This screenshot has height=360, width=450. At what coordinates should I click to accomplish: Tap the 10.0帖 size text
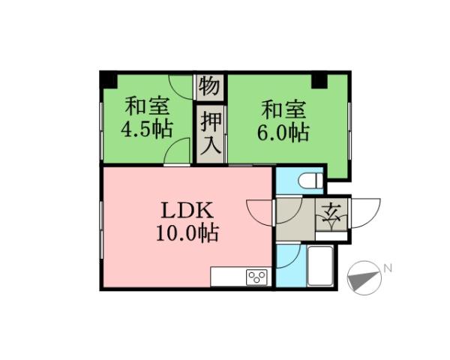click(187, 234)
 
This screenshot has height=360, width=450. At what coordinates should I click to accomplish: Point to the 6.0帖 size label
click(283, 133)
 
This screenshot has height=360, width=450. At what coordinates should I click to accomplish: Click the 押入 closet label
click(211, 133)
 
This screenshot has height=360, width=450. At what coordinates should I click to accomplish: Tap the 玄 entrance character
click(331, 217)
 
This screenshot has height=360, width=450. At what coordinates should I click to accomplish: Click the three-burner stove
click(257, 277)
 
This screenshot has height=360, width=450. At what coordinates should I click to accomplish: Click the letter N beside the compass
click(388, 268)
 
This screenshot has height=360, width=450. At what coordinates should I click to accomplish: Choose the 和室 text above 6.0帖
click(283, 108)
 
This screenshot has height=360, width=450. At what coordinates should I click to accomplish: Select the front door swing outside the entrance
click(366, 213)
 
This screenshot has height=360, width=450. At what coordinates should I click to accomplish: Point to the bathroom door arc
click(291, 255)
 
